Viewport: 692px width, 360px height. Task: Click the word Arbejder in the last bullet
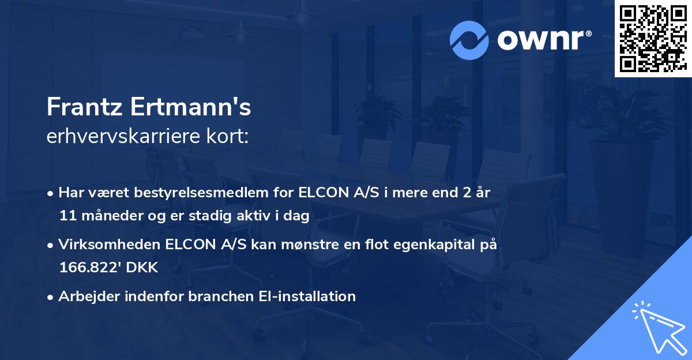[86, 297]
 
